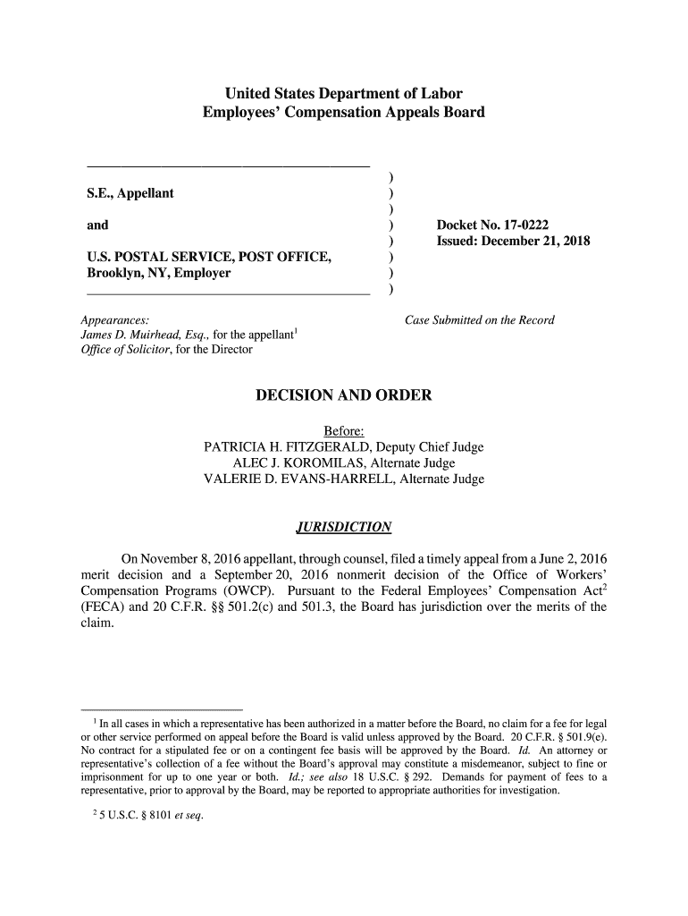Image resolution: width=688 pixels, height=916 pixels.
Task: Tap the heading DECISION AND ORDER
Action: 344,395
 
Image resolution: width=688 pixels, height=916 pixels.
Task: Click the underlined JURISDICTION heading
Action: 343,525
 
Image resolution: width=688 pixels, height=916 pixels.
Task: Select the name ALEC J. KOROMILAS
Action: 296,463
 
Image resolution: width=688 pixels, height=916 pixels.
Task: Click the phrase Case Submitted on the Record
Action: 480,320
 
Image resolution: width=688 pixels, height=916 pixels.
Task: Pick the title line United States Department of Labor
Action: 343,94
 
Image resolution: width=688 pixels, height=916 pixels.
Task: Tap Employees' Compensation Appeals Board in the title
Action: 343,114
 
